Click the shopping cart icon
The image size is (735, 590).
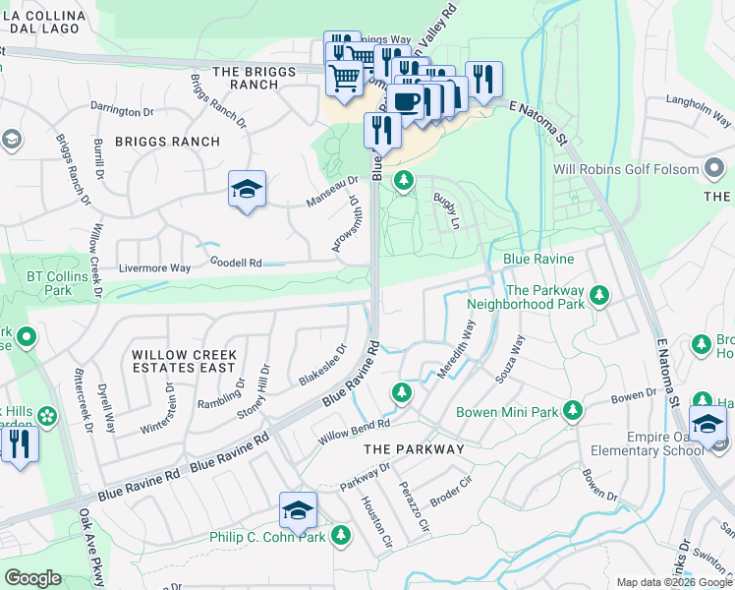click(344, 77)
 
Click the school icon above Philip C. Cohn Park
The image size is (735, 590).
click(298, 510)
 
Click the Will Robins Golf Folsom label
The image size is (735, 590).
click(640, 169)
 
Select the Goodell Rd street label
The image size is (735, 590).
click(235, 263)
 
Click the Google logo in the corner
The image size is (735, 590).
click(33, 578)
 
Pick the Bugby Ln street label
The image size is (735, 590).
click(447, 211)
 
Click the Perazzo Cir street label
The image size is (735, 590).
click(414, 504)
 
